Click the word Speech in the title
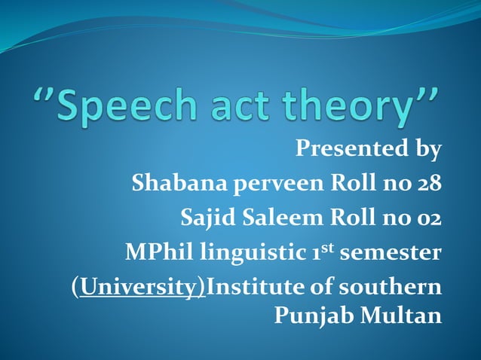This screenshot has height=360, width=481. point(133,108)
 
